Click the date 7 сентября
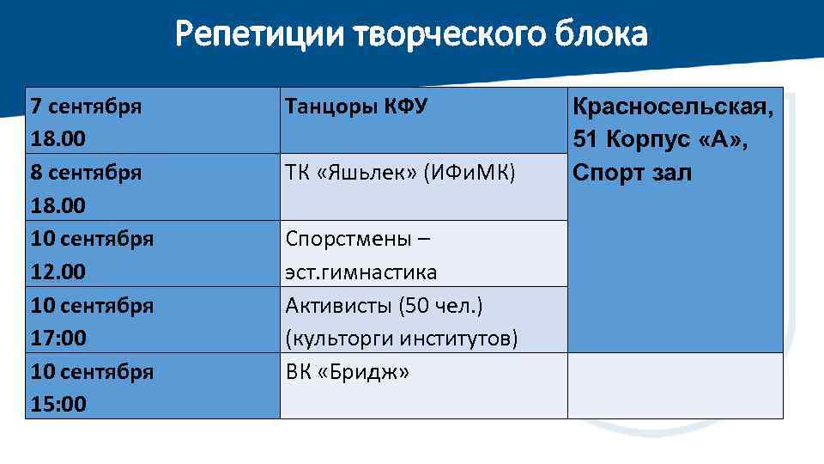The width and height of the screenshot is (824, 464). pos(86,107)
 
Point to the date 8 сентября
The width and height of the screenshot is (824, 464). pos(86,172)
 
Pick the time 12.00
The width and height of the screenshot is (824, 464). pos(58,272)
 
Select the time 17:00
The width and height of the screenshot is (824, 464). pos(58,339)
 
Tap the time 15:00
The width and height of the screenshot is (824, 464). pos(58,404)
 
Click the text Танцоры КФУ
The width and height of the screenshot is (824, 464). pos(355,107)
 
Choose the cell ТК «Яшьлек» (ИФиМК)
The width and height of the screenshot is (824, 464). pos(400,172)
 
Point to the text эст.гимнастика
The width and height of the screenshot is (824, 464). pos(360,272)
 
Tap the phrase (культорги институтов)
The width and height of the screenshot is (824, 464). pos(401,339)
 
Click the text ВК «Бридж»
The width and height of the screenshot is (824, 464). pos(347,372)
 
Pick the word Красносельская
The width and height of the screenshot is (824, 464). pos(672,107)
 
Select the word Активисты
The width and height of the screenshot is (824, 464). pos(335,305)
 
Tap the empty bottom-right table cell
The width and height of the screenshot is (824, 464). pos(675,385)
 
